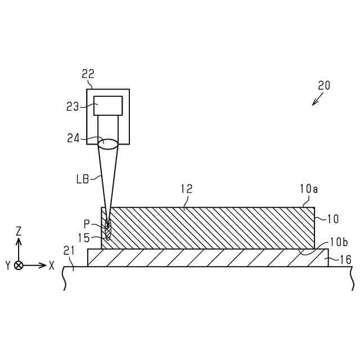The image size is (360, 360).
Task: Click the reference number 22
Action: point(88,74)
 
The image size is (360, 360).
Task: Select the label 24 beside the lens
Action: point(74,138)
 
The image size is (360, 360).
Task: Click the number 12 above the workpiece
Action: point(186,190)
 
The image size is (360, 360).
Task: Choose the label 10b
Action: point(338,242)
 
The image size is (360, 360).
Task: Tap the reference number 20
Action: point(324,85)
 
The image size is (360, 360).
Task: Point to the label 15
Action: point(83,238)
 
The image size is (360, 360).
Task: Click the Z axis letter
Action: point(19,231)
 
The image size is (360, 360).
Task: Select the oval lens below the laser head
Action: point(108,143)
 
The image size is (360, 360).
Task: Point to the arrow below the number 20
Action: point(318,100)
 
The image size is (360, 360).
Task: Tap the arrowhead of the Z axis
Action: point(19,241)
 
